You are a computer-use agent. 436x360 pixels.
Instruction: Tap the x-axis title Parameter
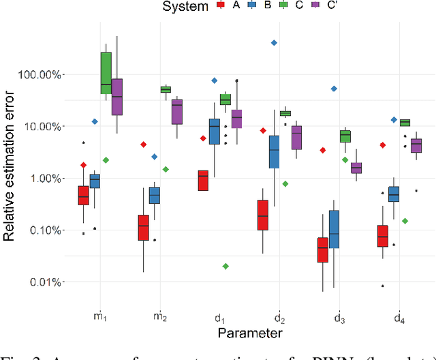click(x=249, y=332)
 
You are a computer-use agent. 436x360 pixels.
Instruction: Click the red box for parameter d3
click(x=322, y=250)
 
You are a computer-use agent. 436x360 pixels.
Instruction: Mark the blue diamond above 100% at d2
click(x=274, y=43)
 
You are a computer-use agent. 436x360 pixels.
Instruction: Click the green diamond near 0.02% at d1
click(x=225, y=266)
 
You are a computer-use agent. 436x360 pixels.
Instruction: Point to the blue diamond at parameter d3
click(x=334, y=89)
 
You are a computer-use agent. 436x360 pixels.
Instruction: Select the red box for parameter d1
click(x=203, y=180)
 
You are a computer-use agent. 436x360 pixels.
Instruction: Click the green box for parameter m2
click(x=166, y=89)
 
